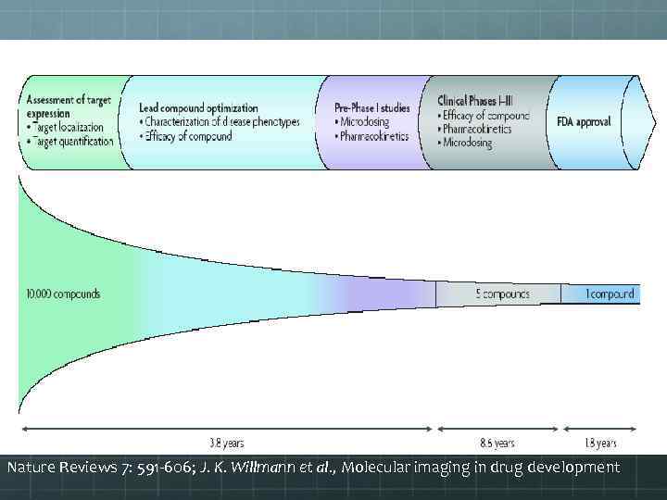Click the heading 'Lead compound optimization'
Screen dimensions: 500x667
point(198,107)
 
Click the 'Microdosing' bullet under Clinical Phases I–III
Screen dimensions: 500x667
point(469,144)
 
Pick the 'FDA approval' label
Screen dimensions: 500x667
point(584,122)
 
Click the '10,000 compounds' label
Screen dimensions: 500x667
point(63,294)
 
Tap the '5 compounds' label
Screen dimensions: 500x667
point(503,294)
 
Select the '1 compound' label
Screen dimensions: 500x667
point(610,294)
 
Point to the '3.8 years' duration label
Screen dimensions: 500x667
point(226,444)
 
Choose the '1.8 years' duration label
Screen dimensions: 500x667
point(601,444)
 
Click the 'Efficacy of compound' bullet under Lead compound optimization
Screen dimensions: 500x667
point(191,137)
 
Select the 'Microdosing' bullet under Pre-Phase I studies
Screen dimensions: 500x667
point(364,122)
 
